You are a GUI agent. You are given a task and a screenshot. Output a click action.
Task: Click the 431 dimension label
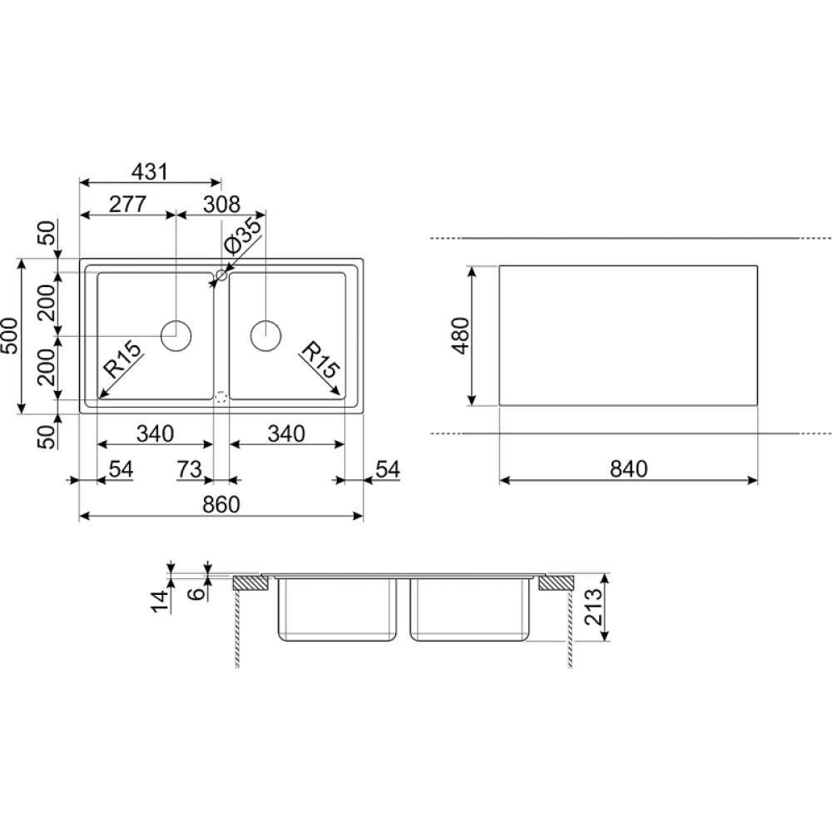pyautogui.click(x=149, y=171)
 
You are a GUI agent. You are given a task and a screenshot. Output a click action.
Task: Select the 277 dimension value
pyautogui.click(x=127, y=204)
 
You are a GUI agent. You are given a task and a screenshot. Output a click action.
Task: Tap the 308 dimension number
pyautogui.click(x=222, y=204)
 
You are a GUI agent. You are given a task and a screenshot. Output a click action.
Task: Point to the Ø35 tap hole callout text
pyautogui.click(x=242, y=236)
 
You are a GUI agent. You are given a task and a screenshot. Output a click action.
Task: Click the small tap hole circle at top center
pyautogui.click(x=221, y=276)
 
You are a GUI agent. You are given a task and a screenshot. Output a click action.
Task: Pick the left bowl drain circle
pyautogui.click(x=176, y=336)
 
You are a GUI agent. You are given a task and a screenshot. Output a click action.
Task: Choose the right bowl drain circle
pyautogui.click(x=265, y=336)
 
